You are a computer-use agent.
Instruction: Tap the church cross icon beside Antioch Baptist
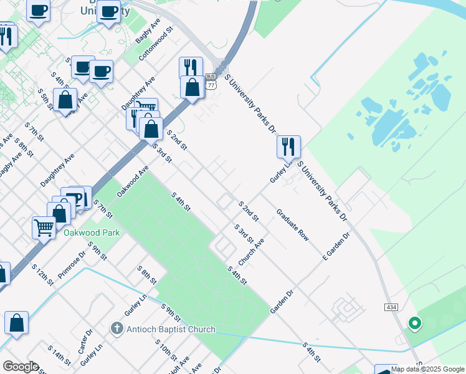pyautogui.click(x=116, y=328)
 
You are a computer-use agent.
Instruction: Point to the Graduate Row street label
pyautogui.click(x=293, y=224)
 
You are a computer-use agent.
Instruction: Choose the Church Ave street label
pyautogui.click(x=252, y=252)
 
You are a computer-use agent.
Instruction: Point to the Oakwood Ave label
pyautogui.click(x=133, y=181)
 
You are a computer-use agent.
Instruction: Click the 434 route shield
pyautogui.click(x=391, y=308)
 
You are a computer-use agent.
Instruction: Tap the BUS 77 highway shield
pyautogui.click(x=211, y=81)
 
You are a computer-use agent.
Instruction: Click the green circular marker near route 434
pyautogui.click(x=414, y=324)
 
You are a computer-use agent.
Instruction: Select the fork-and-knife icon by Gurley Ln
pyautogui.click(x=288, y=146)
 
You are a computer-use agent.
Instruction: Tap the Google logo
pyautogui.click(x=20, y=367)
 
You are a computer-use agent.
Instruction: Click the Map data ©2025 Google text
pyautogui.click(x=427, y=369)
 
